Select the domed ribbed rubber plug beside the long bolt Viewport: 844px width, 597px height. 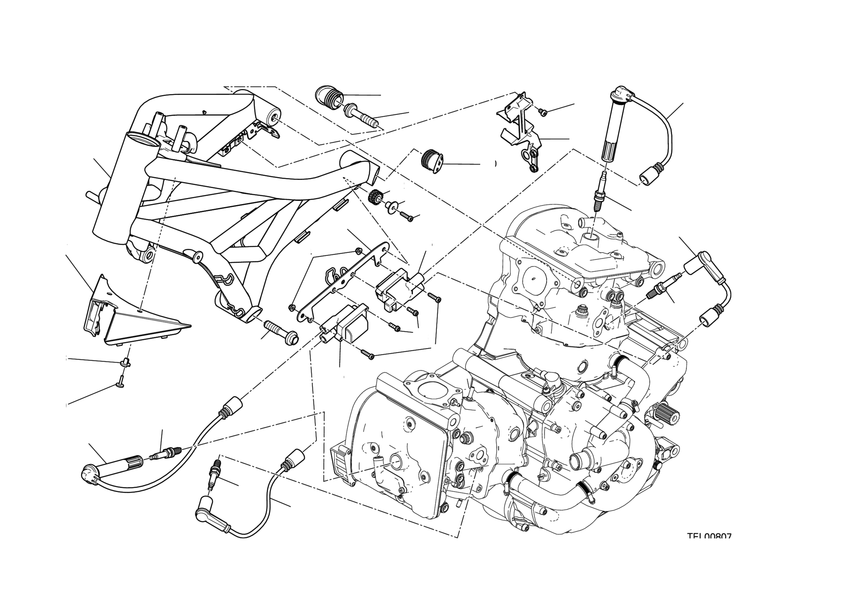328,97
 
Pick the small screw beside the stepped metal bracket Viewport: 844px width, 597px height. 543,111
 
